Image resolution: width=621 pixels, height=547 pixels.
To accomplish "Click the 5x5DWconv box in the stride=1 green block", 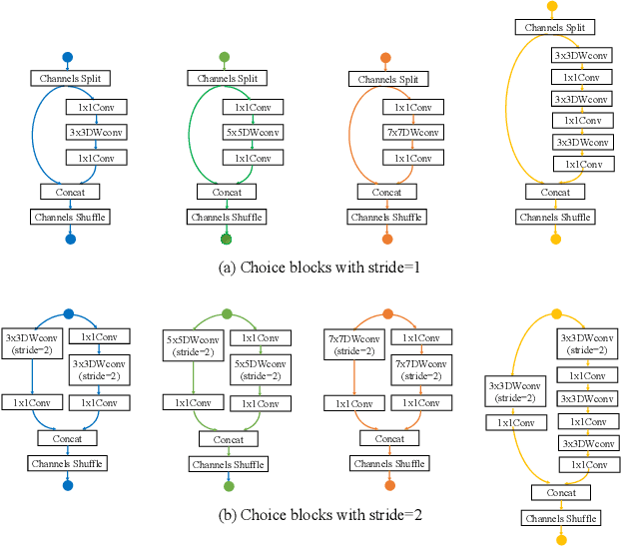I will point(253,132).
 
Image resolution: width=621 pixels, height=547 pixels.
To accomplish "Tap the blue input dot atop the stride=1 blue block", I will point(68,57).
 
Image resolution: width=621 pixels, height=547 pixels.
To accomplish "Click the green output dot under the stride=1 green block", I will point(226,239).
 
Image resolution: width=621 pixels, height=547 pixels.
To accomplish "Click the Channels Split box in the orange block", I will point(386,78).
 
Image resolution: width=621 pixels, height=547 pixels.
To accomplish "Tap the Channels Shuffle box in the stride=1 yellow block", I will point(554,217).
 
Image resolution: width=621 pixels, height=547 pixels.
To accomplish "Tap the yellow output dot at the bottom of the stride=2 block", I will point(561,539).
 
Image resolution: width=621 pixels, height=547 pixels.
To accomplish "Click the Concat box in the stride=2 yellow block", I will point(560,492).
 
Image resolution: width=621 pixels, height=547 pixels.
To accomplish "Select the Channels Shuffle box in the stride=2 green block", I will point(229,464).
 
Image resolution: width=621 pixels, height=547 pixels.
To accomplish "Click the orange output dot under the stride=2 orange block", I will point(388,485).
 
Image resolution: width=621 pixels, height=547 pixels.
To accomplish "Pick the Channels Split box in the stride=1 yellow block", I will point(554,28).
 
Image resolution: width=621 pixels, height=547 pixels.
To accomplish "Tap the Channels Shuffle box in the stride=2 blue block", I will point(67,463).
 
